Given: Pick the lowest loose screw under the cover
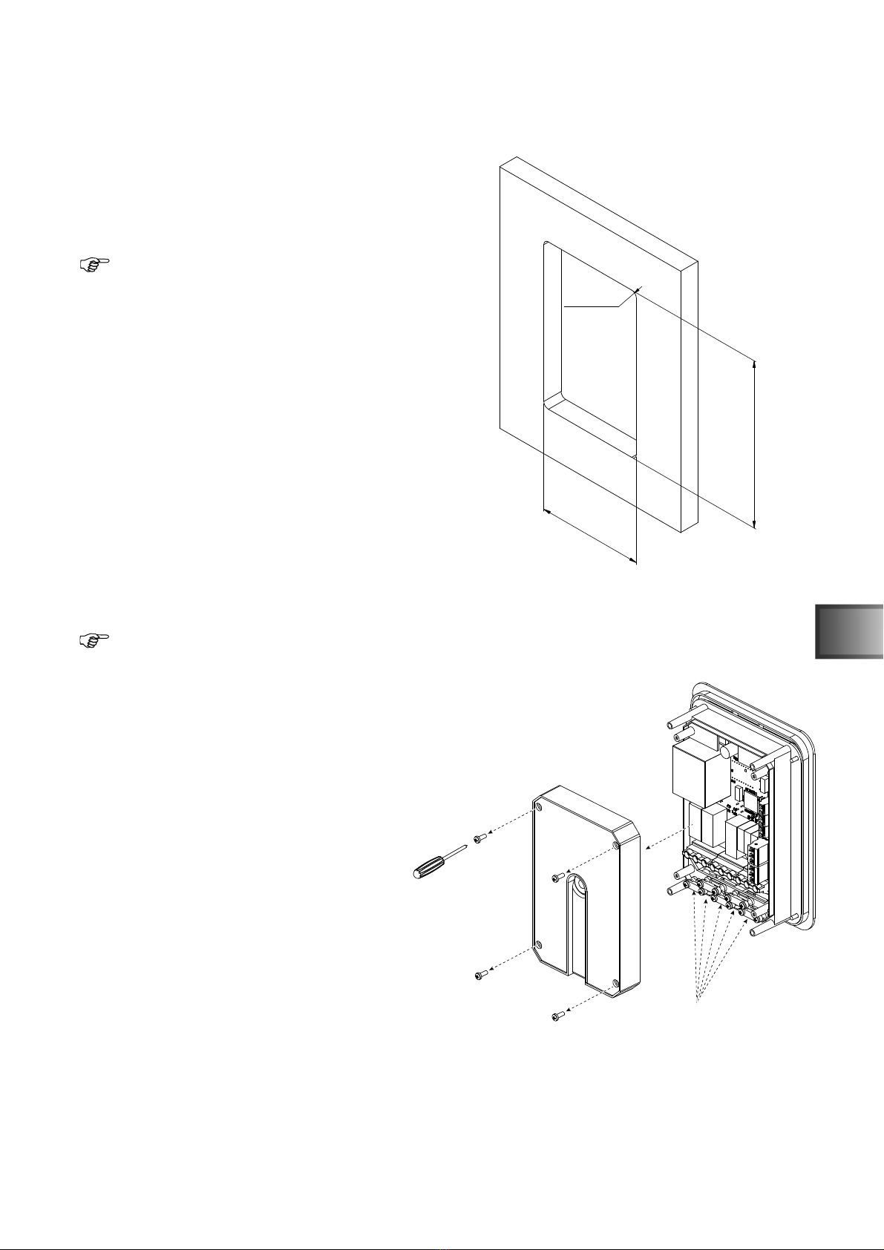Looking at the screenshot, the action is [557, 1016].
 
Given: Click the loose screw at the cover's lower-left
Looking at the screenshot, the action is [479, 974].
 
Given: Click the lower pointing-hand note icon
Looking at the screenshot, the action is [94, 639].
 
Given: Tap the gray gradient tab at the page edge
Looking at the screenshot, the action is [848, 631].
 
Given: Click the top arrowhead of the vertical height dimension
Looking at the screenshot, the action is [754, 364].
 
